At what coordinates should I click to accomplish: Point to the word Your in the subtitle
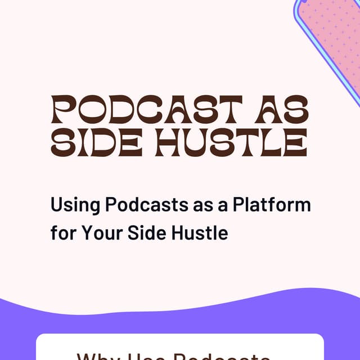pos(97,232)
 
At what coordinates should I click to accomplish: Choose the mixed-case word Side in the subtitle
pos(145,232)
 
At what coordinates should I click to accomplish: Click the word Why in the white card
pos(96,355)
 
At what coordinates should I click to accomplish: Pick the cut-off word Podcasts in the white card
pos(225,355)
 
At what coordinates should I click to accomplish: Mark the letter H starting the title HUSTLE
pos(170,143)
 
